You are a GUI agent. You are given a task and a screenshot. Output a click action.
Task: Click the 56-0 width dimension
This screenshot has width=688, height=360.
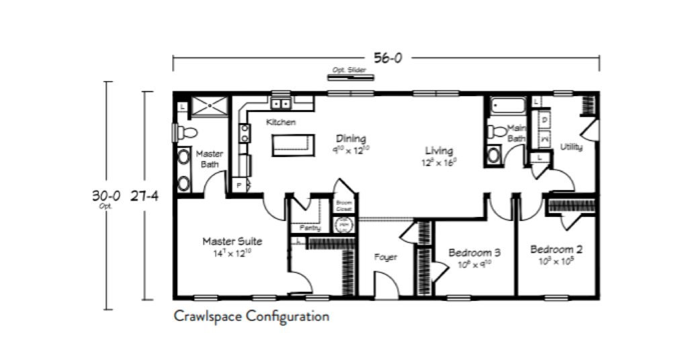pos(388,58)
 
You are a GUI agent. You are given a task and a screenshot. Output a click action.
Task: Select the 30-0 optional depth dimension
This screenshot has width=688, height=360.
pos(105,195)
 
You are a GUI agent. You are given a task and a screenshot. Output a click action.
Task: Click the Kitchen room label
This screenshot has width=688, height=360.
pos(281,122)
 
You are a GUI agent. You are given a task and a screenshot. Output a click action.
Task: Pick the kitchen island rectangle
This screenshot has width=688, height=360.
pos(293,145)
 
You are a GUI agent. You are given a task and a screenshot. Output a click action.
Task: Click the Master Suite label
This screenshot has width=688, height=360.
pos(232,241)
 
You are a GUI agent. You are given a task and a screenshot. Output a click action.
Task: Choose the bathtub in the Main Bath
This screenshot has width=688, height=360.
pos(507,106)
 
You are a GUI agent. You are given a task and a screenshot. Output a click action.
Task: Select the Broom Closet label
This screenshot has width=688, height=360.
pos(344,205)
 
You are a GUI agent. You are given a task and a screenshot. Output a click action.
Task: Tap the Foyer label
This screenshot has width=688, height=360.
pos(386,257)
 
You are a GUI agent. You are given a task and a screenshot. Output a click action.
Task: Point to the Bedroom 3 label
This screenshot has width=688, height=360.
pos(474,253)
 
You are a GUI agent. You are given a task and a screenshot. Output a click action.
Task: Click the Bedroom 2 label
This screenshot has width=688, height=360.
pos(556,249)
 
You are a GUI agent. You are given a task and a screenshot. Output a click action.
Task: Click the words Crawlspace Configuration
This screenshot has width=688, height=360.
pos(251,316)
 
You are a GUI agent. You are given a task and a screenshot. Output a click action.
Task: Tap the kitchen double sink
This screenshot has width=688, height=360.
pos(281,104)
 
